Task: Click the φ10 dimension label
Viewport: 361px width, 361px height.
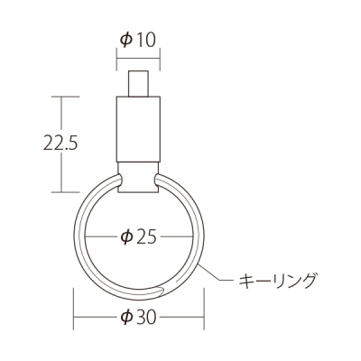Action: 138,40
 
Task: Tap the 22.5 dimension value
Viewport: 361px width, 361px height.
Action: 60,143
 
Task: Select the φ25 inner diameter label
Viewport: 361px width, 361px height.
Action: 139,237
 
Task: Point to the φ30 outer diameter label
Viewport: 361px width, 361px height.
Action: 139,318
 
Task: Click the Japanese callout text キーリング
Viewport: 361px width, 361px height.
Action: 278,281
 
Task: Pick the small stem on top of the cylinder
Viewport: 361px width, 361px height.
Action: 138,84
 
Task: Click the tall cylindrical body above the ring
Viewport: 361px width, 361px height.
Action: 138,129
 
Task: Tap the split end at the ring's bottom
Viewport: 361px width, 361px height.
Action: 161,291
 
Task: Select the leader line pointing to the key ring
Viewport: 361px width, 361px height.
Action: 216,273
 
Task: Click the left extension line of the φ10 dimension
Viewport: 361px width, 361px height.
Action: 116,59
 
